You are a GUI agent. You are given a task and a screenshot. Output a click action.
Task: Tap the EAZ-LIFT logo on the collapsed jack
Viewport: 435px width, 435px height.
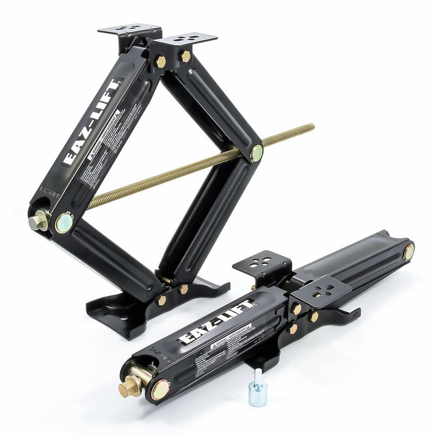216,322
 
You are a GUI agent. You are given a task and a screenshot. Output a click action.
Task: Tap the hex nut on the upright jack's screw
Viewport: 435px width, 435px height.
38,221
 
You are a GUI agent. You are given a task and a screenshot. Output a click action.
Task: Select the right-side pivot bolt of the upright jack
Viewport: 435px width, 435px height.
256,153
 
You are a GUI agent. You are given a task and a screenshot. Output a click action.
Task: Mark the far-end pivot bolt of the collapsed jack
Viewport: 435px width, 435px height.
408,252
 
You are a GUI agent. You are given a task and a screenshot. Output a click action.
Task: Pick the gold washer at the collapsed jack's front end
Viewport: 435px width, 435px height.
160,389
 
